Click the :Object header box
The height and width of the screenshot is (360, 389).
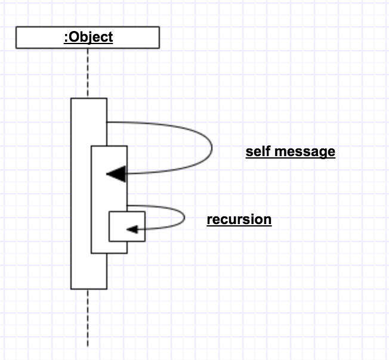click(x=88, y=37)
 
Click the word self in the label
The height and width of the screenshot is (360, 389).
click(x=257, y=151)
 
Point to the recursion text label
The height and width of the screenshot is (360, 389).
click(x=239, y=219)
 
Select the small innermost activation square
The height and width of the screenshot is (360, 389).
click(x=126, y=226)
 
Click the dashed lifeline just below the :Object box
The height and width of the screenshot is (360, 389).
click(x=88, y=72)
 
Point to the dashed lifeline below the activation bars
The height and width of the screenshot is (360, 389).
click(x=88, y=316)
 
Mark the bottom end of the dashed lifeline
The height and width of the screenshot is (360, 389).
click(x=88, y=346)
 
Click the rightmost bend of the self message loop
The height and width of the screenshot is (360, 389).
click(x=212, y=147)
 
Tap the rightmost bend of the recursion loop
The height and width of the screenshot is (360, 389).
click(x=184, y=217)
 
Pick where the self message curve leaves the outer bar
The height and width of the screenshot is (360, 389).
click(x=107, y=122)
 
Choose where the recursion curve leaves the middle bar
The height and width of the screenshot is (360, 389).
click(x=128, y=206)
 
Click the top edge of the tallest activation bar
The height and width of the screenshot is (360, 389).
click(x=89, y=98)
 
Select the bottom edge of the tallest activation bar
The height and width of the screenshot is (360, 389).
click(x=89, y=289)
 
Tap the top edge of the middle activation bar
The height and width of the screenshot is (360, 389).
click(x=109, y=146)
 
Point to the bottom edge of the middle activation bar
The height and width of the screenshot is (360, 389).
click(x=109, y=253)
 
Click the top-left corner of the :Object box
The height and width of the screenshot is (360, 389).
click(x=16, y=27)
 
